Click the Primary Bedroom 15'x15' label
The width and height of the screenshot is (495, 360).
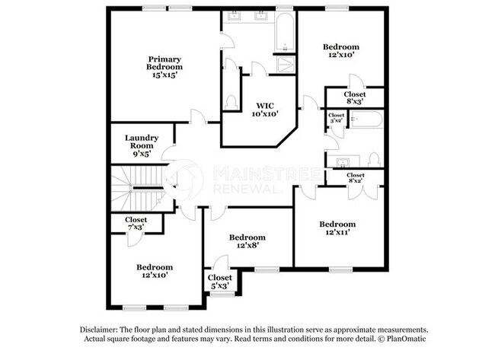pyautogui.click(x=165, y=67)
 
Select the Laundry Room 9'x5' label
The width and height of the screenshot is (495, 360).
pyautogui.click(x=142, y=144)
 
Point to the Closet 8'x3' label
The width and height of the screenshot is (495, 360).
pyautogui.click(x=355, y=97)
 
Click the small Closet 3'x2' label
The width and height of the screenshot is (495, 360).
pyautogui.click(x=335, y=118)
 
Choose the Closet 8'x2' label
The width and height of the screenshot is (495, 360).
pyautogui.click(x=355, y=179)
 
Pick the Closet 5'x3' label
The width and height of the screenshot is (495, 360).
pyautogui.click(x=219, y=282)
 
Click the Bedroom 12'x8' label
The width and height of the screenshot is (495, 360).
pyautogui.click(x=247, y=242)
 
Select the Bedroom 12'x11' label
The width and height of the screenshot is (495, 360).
pyautogui.click(x=337, y=228)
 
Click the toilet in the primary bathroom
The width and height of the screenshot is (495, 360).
pyautogui.click(x=231, y=100)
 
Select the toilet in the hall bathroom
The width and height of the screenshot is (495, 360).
pyautogui.click(x=373, y=159)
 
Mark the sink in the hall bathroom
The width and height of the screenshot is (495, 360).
pyautogui.click(x=342, y=161)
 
